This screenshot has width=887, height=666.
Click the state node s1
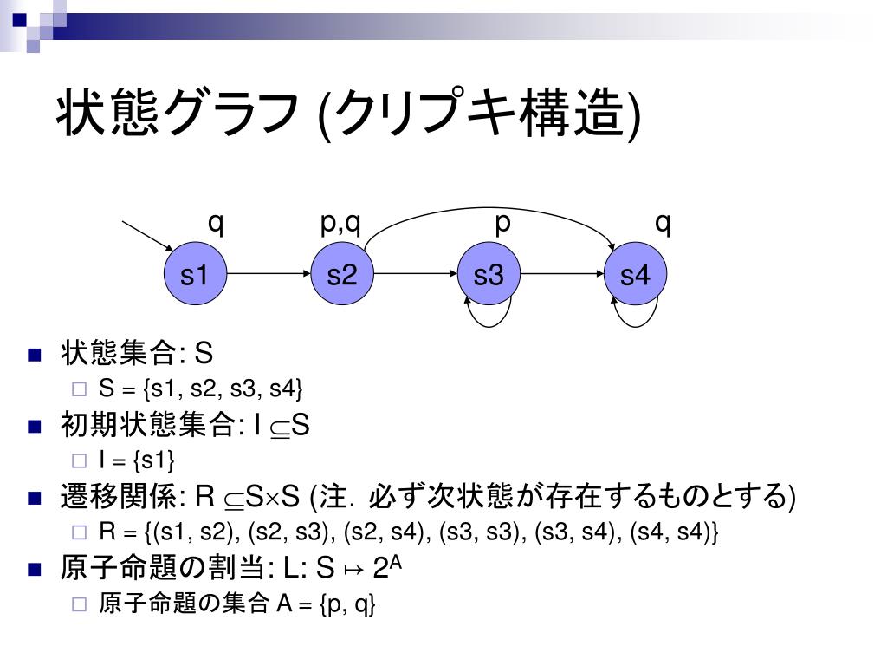click(195, 275)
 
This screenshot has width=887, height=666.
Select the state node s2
click(341, 275)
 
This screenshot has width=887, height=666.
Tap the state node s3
click(489, 275)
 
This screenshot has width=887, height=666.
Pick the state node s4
click(635, 275)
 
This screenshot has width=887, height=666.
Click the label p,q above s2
click(340, 224)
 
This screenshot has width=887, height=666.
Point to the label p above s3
click(502, 224)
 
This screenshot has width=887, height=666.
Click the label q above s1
click(216, 223)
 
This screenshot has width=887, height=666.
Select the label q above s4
click(663, 223)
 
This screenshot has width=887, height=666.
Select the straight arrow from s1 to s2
click(269, 275)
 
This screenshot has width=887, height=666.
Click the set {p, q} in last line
click(347, 604)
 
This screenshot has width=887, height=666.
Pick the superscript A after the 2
click(396, 561)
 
